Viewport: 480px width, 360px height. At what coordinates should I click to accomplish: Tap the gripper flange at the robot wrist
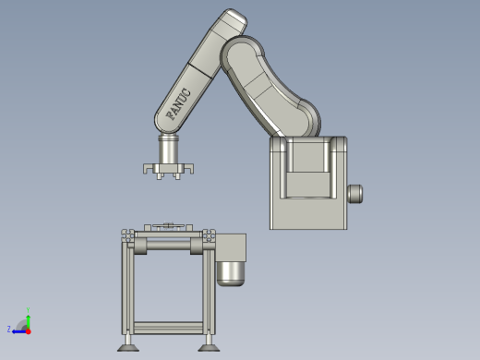tap(170, 169)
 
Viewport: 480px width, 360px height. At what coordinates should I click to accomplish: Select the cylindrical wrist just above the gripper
tap(170, 148)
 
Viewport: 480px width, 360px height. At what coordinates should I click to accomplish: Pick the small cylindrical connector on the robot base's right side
tap(354, 194)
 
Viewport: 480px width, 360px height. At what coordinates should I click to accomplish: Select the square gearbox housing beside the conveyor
tap(231, 247)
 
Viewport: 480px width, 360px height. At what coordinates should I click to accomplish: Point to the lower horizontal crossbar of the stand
tap(169, 327)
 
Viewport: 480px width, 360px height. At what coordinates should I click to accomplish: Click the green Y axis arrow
tap(29, 316)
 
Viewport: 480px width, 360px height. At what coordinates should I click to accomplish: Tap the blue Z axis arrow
tap(18, 330)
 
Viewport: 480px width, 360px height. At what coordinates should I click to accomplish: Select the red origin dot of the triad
tap(28, 330)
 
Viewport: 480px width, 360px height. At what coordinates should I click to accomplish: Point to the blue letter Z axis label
tap(9, 329)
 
